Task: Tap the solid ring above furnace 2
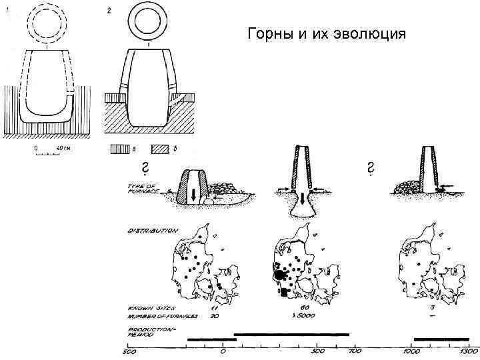[x=147, y=23]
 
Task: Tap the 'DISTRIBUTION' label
[x=153, y=231]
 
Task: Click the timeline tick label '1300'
[x=469, y=351]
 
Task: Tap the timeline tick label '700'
[x=355, y=351]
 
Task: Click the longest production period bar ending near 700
[x=291, y=333]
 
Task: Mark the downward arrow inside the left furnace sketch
[x=193, y=194]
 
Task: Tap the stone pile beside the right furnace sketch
[x=406, y=188]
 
